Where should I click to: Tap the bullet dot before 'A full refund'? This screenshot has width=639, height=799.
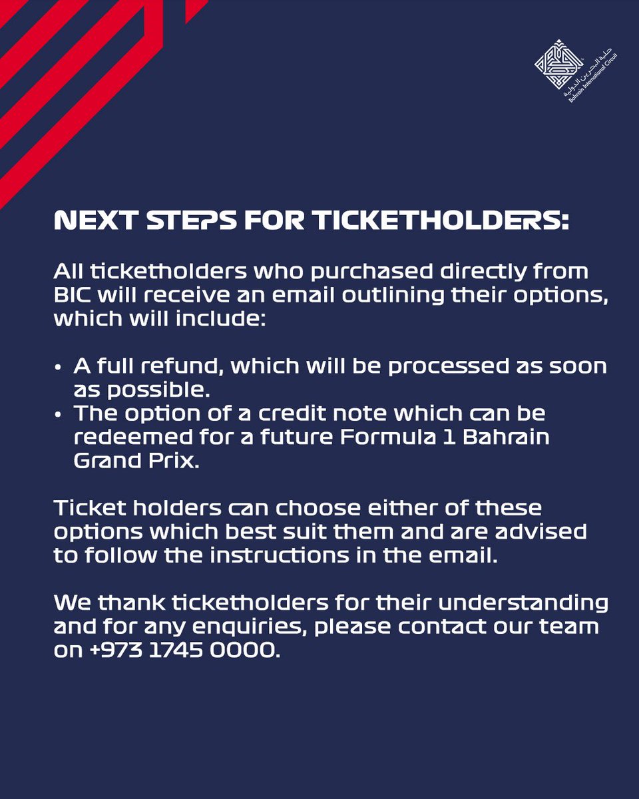pos(59,368)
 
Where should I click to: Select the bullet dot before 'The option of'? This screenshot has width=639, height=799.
pos(59,414)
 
